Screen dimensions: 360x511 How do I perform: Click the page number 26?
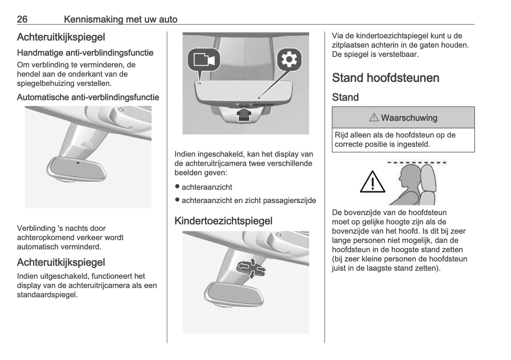pyautogui.click(x=22, y=19)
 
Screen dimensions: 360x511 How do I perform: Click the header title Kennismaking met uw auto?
pyautogui.click(x=120, y=19)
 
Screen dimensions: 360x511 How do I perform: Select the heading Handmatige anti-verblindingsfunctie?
pyautogui.click(x=85, y=53)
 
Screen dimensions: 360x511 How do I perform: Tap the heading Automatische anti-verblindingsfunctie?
pyautogui.click(x=88, y=97)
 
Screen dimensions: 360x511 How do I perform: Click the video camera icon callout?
pyautogui.click(x=204, y=59)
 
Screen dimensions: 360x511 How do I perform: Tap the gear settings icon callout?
pyautogui.click(x=289, y=59)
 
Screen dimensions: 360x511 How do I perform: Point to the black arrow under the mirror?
pyautogui.click(x=243, y=115)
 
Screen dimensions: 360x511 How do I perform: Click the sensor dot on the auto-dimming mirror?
pyautogui.click(x=78, y=163)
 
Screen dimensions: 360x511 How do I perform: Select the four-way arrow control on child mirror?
pyautogui.click(x=251, y=268)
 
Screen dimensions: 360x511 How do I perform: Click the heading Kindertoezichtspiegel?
pyautogui.click(x=223, y=221)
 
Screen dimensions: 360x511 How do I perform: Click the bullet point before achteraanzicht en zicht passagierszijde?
pyautogui.click(x=177, y=200)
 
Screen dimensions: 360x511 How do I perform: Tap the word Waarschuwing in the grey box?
pyautogui.click(x=409, y=118)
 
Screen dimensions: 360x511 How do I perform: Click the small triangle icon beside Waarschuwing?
pyautogui.click(x=373, y=117)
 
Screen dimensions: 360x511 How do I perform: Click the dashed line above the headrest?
pyautogui.click(x=417, y=163)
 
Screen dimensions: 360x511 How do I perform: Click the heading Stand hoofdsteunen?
pyautogui.click(x=385, y=78)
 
